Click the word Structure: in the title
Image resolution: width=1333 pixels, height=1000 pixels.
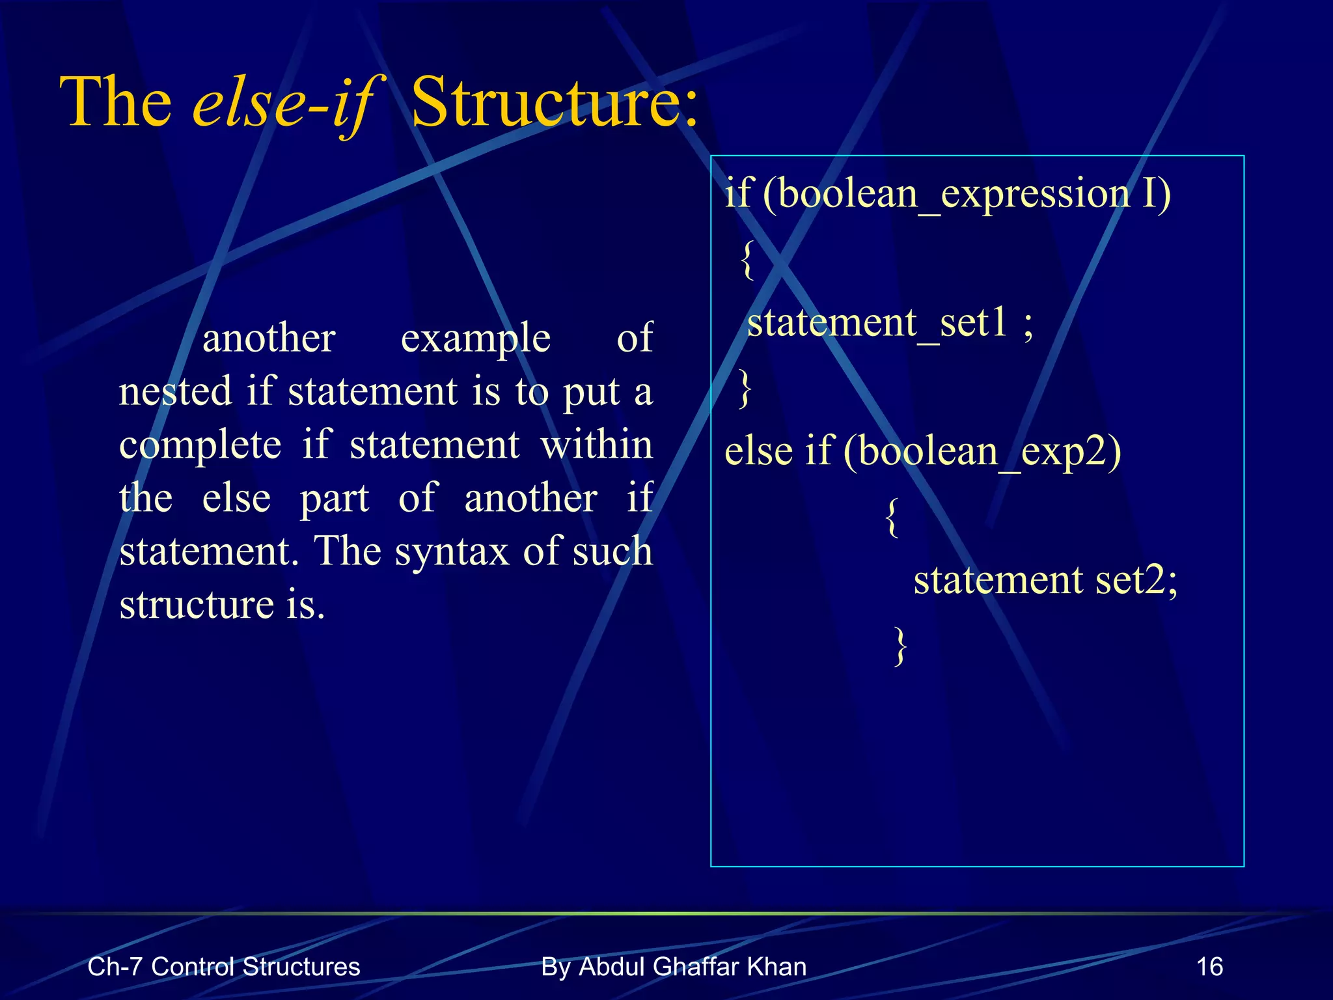click(555, 103)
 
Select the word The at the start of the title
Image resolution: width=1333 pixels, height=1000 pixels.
click(116, 103)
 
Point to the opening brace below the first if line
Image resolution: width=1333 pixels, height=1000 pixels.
click(749, 259)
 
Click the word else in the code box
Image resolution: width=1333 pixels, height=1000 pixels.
click(758, 451)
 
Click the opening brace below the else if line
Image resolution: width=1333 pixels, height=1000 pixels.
click(893, 516)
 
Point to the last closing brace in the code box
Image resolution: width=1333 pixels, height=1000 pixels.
click(900, 645)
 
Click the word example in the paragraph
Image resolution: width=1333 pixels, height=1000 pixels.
click(475, 339)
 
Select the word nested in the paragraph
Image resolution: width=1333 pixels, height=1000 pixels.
click(176, 392)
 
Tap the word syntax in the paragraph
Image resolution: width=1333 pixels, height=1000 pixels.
click(451, 551)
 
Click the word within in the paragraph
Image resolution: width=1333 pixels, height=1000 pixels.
click(596, 445)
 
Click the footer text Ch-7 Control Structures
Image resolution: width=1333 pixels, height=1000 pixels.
click(223, 967)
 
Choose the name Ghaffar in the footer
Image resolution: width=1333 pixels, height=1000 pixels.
click(697, 967)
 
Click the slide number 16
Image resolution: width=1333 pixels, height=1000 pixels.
click(1209, 967)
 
